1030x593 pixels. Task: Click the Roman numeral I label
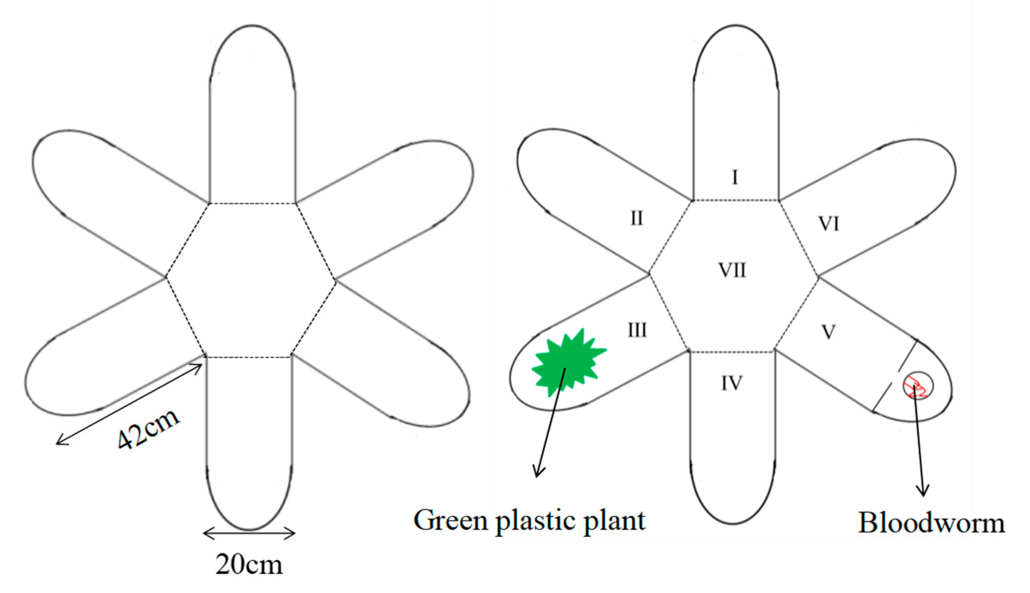tap(735, 177)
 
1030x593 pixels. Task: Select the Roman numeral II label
tap(636, 218)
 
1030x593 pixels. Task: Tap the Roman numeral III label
tap(637, 330)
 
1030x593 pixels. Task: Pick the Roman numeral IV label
tap(731, 383)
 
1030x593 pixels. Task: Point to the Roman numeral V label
tap(828, 332)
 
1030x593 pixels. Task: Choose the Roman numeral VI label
tap(829, 224)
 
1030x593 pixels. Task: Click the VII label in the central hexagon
tap(732, 270)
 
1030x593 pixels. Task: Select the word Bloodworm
tap(931, 523)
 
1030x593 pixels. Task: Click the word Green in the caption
tap(451, 520)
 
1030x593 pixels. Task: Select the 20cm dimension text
tap(249, 564)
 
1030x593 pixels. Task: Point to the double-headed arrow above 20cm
tap(249, 533)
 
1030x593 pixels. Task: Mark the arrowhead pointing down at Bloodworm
tap(923, 491)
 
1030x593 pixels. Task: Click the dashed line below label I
tap(736, 200)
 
